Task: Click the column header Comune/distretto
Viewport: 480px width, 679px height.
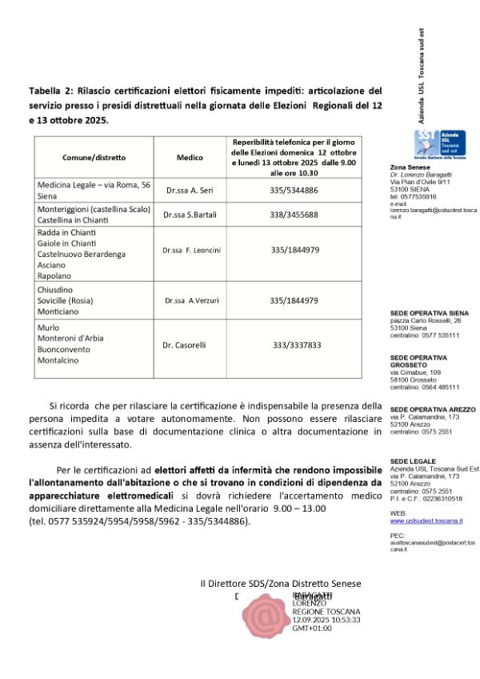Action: click(94, 158)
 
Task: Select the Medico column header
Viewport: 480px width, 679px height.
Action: click(189, 158)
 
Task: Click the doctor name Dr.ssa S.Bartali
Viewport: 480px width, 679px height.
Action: click(190, 215)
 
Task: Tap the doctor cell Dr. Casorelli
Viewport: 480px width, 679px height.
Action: click(185, 345)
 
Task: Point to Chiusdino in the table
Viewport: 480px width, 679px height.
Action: click(55, 290)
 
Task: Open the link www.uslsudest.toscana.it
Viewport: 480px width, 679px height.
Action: click(426, 521)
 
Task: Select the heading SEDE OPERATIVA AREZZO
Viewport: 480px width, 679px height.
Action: click(433, 409)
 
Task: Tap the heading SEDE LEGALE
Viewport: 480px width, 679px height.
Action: click(413, 461)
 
